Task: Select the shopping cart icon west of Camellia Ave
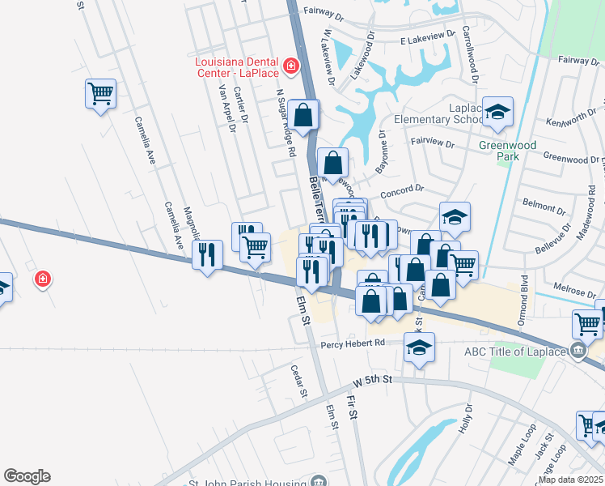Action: [100, 94]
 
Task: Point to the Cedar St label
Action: [299, 380]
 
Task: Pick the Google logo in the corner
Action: [27, 476]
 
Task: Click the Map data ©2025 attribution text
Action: [570, 480]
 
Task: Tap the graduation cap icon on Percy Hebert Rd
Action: [419, 347]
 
